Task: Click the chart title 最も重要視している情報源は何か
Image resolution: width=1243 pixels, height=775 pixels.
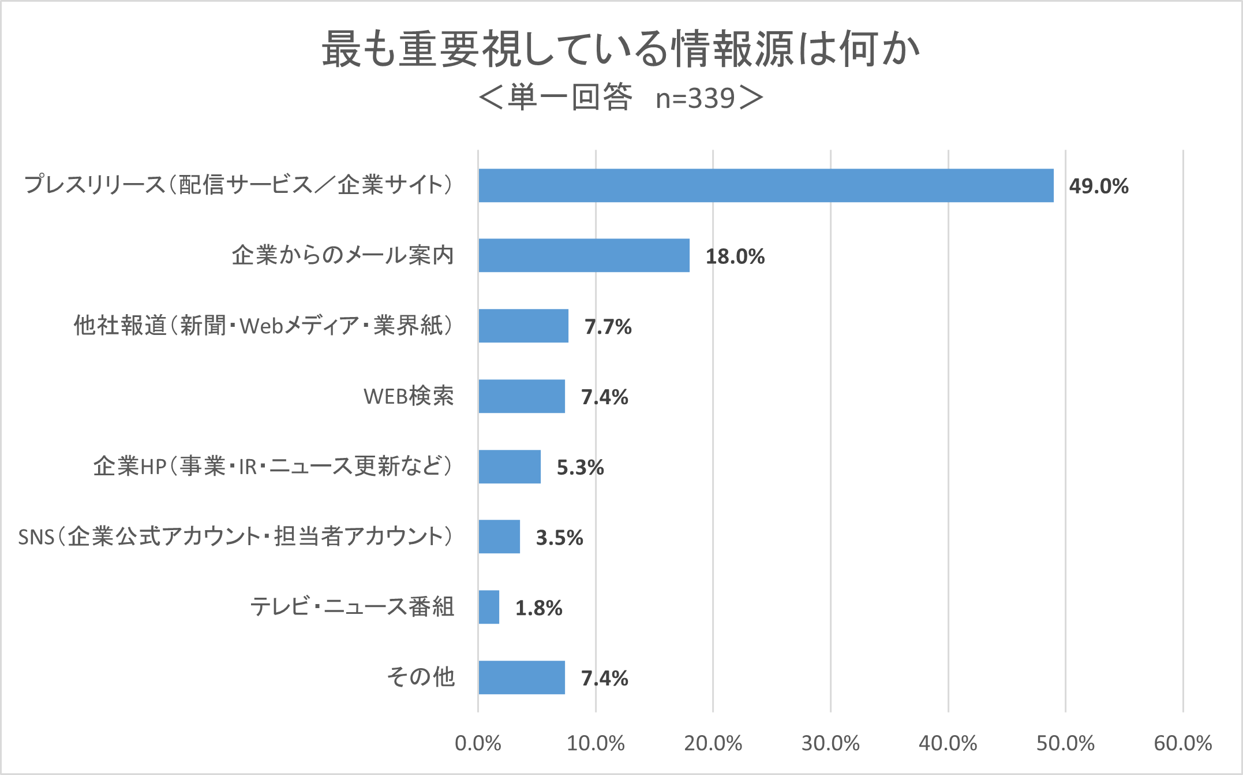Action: point(621,49)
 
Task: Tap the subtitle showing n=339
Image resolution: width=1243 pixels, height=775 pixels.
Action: point(621,98)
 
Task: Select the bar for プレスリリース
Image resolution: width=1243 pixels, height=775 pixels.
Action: point(766,185)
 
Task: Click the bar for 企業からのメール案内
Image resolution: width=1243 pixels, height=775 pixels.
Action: point(583,255)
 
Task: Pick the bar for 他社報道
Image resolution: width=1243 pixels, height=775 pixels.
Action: point(523,326)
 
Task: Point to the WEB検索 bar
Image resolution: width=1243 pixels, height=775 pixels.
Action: point(521,396)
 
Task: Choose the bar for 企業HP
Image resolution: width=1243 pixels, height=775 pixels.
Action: point(509,467)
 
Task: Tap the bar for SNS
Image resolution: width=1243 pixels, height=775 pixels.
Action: point(499,536)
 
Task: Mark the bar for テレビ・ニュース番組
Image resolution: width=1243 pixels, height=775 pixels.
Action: point(489,607)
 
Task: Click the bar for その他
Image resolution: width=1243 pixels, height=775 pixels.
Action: point(521,677)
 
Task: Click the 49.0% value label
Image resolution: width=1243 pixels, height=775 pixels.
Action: point(1098,186)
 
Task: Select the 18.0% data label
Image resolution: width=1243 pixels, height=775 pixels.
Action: point(735,256)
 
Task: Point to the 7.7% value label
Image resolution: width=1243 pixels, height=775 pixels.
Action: point(608,327)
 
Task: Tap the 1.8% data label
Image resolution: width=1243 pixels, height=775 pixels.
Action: point(538,608)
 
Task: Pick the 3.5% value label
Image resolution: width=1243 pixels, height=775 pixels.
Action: point(559,538)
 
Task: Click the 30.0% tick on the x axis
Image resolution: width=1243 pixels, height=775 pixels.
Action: point(830,743)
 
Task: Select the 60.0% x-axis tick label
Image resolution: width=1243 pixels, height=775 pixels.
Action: point(1182,743)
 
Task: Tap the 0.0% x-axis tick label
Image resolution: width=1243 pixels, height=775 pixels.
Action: point(478,743)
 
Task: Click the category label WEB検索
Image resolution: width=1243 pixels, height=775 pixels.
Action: point(409,396)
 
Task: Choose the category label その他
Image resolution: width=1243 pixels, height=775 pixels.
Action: point(421,677)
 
